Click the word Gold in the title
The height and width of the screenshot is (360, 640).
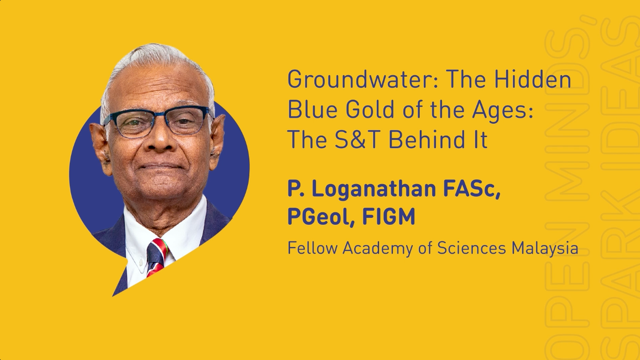370,109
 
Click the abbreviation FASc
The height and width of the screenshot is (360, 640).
472,190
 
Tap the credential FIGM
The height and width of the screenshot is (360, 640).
389,216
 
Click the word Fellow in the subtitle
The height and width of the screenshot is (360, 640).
312,248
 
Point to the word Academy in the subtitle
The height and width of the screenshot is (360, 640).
378,249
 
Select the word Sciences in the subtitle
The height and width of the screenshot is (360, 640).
471,248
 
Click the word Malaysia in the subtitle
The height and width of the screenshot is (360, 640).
544,249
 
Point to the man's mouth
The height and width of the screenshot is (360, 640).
160,166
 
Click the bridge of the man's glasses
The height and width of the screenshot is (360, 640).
159,114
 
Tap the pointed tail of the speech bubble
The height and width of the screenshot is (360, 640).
113,296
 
